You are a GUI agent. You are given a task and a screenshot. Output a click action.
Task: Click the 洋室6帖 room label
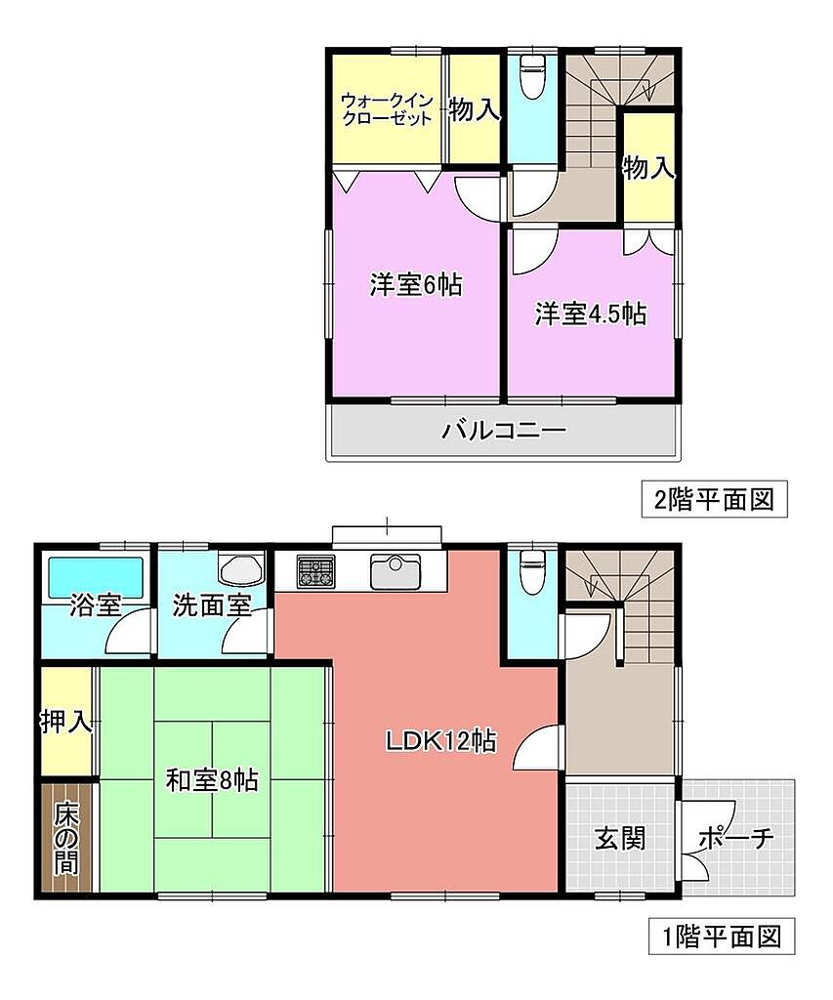click(x=416, y=284)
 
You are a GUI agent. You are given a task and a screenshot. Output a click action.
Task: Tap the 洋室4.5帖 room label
click(x=590, y=313)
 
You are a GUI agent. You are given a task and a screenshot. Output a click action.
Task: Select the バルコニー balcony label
click(x=504, y=431)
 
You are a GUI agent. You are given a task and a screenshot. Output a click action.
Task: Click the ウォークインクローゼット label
click(x=387, y=109)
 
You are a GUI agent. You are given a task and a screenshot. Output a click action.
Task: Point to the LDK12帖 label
click(x=440, y=740)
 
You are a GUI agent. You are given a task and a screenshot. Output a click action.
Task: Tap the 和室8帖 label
click(x=212, y=780)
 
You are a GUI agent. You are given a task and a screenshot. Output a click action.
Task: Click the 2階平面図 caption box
click(x=715, y=499)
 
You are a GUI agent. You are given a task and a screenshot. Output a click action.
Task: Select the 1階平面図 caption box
click(x=722, y=937)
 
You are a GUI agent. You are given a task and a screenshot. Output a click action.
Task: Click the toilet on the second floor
click(x=531, y=76)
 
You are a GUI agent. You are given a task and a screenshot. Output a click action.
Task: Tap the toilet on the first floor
click(x=531, y=570)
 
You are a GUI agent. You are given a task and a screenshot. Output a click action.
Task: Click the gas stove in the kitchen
click(x=315, y=570)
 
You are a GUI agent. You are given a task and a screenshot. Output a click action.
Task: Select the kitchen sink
click(x=396, y=570)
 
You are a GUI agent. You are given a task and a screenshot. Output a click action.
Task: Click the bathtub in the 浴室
click(x=97, y=578)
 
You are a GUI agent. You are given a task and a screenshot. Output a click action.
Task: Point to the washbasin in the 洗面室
click(x=240, y=568)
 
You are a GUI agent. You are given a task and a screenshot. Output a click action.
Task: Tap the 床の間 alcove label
click(x=65, y=838)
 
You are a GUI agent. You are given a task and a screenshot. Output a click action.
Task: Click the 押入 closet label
click(x=66, y=722)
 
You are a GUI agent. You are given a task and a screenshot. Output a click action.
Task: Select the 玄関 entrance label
click(x=620, y=838)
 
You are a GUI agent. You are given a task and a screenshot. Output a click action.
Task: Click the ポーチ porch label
click(x=735, y=838)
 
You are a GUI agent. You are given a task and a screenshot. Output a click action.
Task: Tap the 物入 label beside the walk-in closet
click(x=475, y=109)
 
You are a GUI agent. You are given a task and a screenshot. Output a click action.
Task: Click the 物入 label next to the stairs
click(x=648, y=168)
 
